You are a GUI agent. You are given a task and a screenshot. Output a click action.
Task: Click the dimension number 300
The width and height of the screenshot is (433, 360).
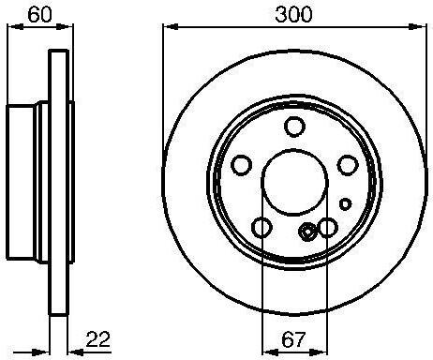293,15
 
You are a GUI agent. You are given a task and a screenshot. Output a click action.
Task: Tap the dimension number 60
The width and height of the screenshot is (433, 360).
39,15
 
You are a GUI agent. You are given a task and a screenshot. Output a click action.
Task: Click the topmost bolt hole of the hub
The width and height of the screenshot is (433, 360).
294,126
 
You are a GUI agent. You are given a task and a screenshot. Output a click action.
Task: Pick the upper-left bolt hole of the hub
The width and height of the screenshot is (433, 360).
242,165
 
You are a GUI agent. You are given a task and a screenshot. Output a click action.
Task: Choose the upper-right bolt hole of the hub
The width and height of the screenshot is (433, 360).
348,165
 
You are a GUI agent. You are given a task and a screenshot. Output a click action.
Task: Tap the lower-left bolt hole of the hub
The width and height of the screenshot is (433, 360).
261,227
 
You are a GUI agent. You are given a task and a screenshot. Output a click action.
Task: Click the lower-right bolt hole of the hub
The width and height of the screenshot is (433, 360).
327,227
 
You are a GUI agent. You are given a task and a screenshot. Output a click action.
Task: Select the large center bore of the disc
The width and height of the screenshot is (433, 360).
294,182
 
